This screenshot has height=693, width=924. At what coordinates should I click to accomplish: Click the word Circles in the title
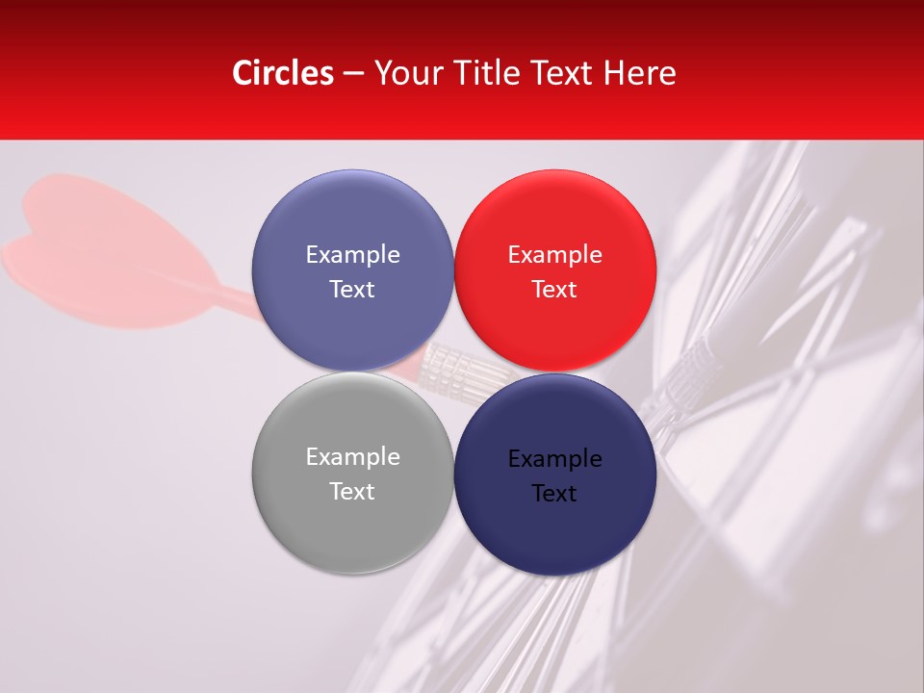[282, 73]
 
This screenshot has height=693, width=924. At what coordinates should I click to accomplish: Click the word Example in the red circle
[554, 255]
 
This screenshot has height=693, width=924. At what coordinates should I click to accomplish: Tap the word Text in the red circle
[554, 290]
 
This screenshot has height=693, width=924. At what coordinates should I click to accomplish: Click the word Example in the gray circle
[352, 457]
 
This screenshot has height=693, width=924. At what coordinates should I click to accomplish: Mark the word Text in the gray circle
[352, 492]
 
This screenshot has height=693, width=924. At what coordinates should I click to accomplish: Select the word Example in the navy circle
[554, 459]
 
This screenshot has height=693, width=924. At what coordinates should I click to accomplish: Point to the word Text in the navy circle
[554, 494]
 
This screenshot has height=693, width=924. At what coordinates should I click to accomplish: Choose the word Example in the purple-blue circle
[352, 255]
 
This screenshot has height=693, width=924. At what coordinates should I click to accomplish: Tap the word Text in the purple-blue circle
[352, 290]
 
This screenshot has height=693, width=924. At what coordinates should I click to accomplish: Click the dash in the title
[352, 74]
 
